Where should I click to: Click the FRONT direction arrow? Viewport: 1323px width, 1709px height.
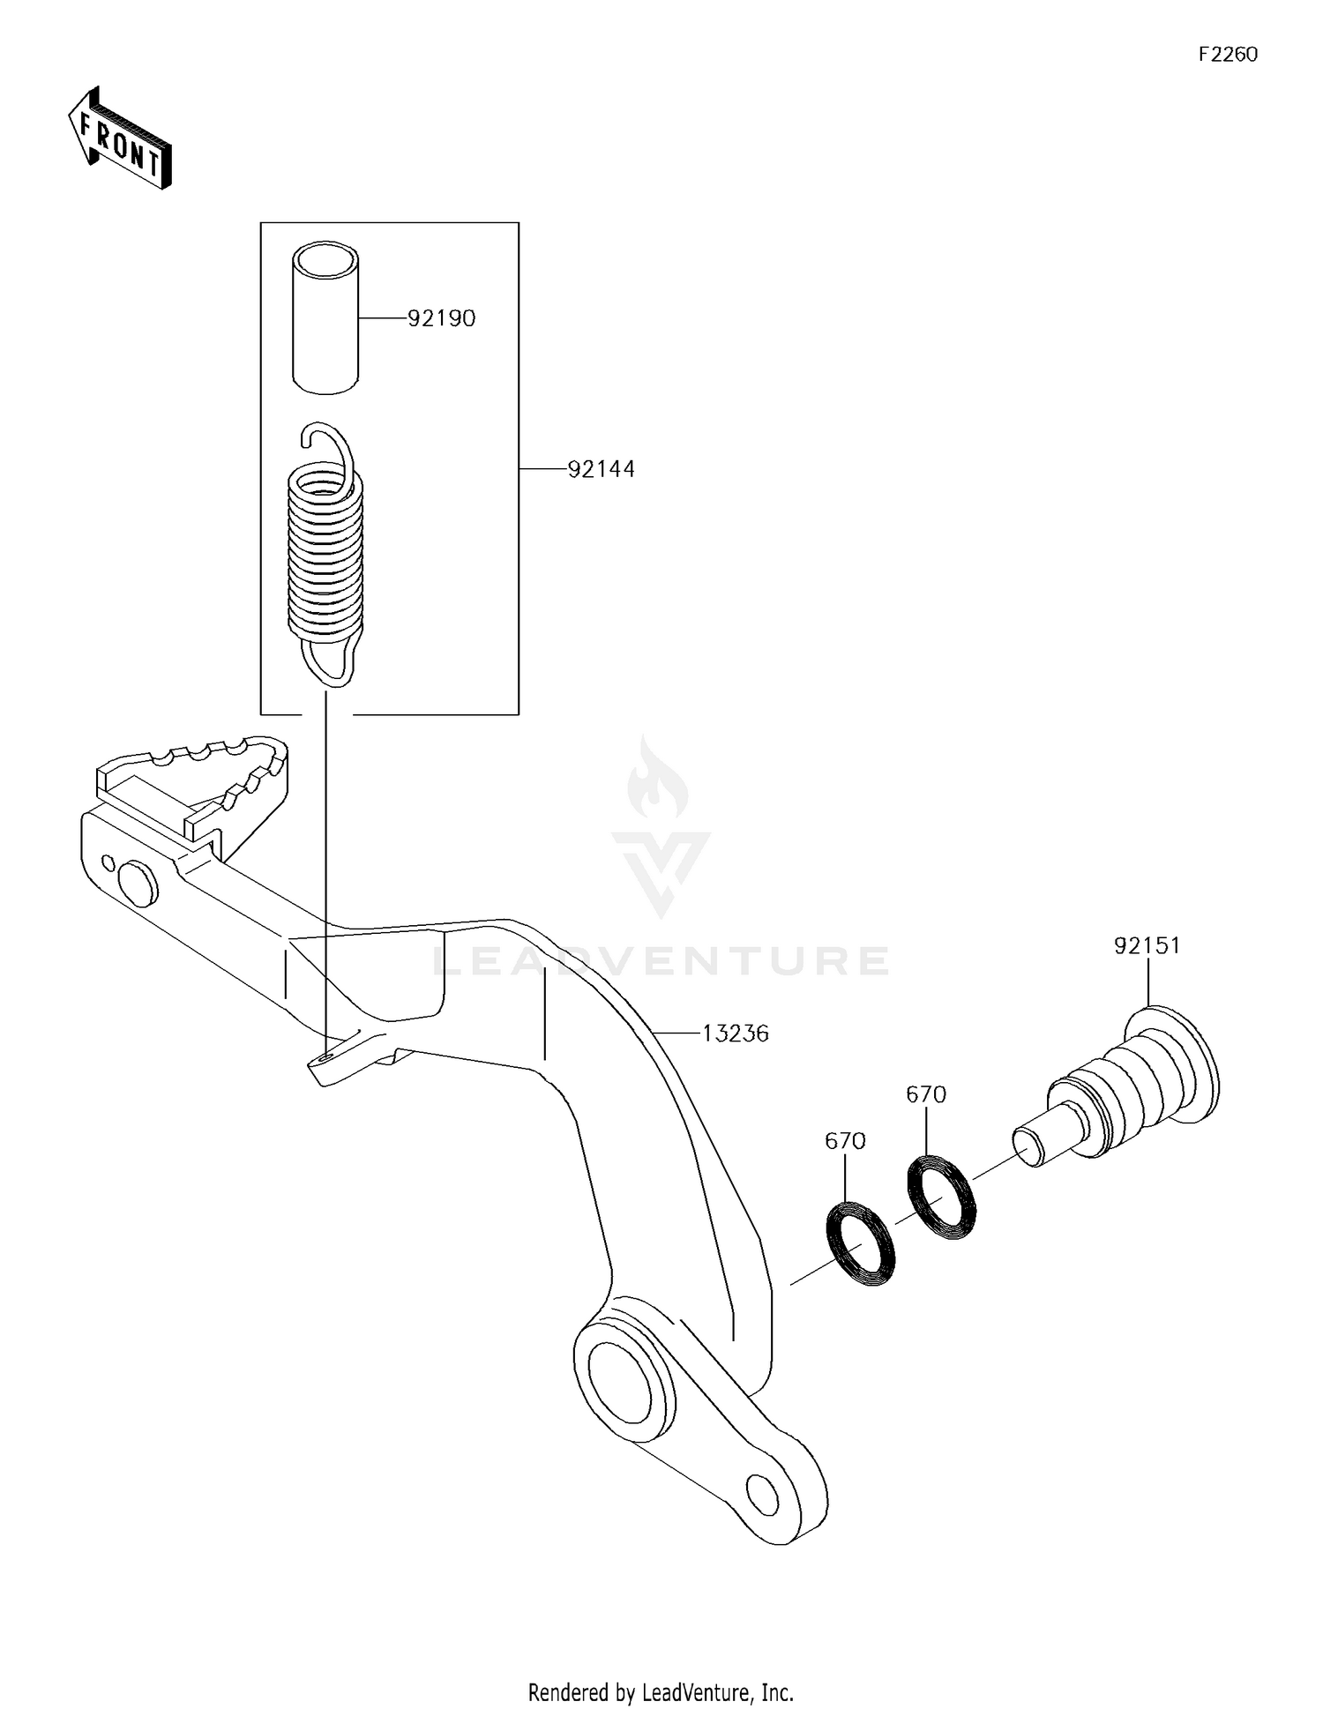pyautogui.click(x=119, y=138)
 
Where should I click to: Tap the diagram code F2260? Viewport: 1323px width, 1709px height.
pyautogui.click(x=1228, y=55)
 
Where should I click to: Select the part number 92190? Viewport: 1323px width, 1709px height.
pyautogui.click(x=441, y=318)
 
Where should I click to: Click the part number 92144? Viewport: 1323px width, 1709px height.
pyautogui.click(x=601, y=469)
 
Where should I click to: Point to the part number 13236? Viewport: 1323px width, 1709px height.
pyautogui.click(x=735, y=1033)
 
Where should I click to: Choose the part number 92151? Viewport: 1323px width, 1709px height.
pyautogui.click(x=1147, y=946)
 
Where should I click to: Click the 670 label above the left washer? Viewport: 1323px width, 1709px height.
pyautogui.click(x=845, y=1141)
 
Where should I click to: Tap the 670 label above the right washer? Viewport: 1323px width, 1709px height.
pyautogui.click(x=926, y=1094)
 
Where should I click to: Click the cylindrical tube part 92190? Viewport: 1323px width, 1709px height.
pyautogui.click(x=326, y=317)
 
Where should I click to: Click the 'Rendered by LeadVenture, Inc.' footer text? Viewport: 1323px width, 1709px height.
pyautogui.click(x=661, y=1692)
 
